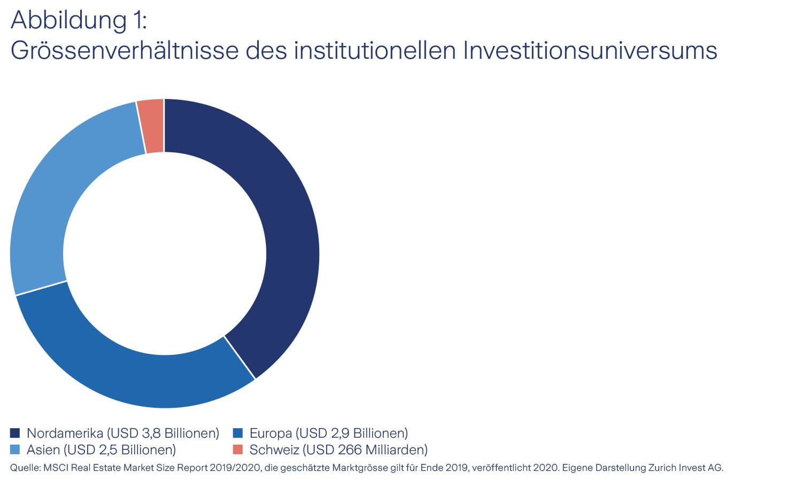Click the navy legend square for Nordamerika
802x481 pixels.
click(x=15, y=433)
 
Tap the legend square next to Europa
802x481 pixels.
click(x=238, y=433)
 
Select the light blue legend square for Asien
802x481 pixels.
click(x=15, y=449)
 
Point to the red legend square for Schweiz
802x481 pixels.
click(x=238, y=449)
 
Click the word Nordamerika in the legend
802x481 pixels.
click(x=65, y=433)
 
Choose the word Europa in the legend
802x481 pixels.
click(x=271, y=433)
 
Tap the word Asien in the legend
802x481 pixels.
click(x=43, y=449)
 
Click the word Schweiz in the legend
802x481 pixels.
click(x=274, y=449)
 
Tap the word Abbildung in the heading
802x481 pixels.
click(x=61, y=20)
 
